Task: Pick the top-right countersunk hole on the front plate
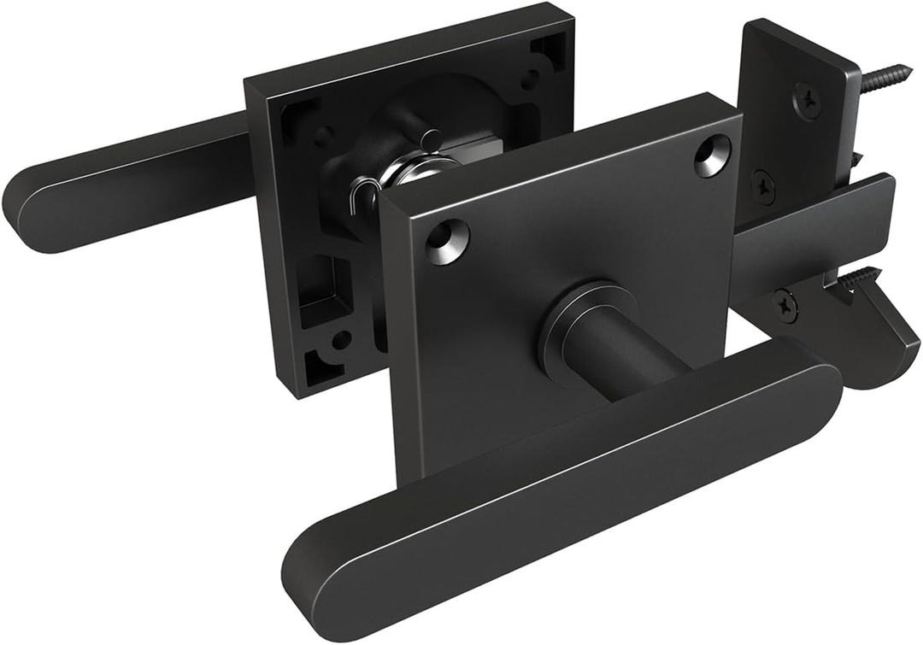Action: (x=712, y=156)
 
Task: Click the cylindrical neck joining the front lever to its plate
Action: (x=624, y=359)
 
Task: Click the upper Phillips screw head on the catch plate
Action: (x=806, y=99)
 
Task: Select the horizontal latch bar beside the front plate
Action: (x=812, y=231)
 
